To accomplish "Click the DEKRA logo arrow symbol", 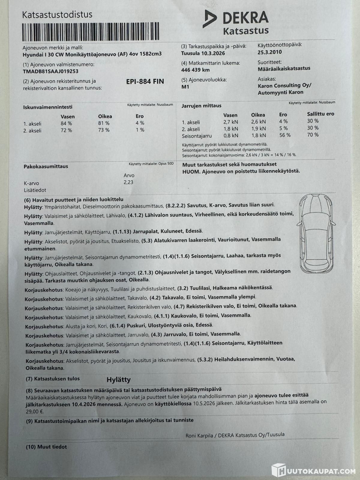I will pos(209,19).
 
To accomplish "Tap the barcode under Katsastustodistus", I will pos(91,32).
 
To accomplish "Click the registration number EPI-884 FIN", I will pos(145,81).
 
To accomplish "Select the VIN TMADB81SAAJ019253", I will pos(50,71).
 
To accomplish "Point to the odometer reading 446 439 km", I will pos(195,70).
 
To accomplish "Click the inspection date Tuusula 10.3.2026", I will pos(203,53).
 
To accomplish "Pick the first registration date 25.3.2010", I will pos(270,52).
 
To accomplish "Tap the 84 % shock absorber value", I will pos(66,123).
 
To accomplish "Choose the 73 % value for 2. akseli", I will pos(104,130).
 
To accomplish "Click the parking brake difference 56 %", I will pos(285,135).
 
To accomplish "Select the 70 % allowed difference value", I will pos(313,135).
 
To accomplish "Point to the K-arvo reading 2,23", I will pos(128,182).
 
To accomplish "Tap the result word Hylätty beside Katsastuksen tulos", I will pos(119,380).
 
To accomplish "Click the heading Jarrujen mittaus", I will pos(201,106).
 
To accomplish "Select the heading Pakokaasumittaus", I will pos(46,166).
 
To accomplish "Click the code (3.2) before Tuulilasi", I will pos(183,288).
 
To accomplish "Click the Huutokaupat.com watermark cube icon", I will pos(278,470).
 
